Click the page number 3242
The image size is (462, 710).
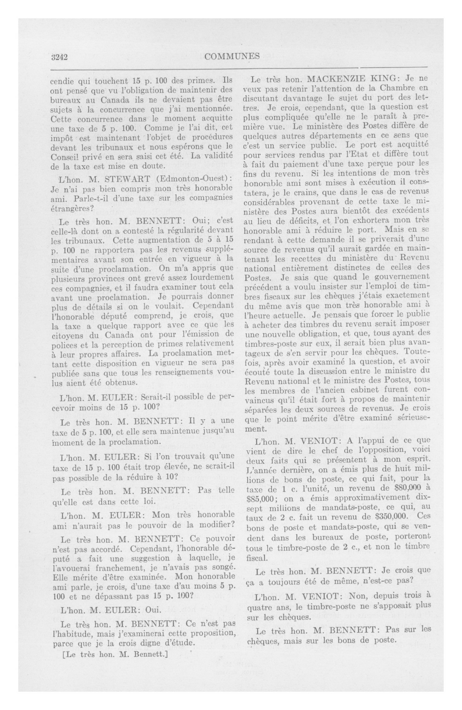[60, 56]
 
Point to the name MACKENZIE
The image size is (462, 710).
[338, 79]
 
